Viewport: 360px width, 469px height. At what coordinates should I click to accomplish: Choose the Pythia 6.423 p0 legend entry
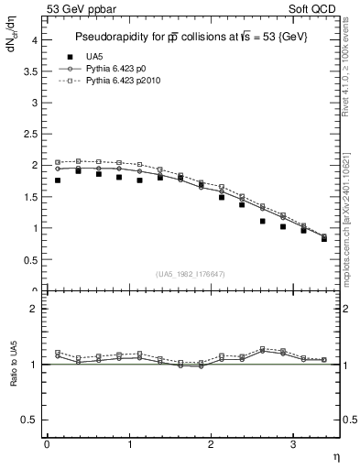pos(120,69)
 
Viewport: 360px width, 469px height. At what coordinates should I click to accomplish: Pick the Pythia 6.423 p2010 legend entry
pos(126,82)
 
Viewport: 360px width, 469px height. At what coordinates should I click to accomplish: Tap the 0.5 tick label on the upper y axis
pos(30,259)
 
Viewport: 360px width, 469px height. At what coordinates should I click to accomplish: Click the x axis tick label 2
pos(211,444)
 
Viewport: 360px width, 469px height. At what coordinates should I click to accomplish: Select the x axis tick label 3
pos(293,444)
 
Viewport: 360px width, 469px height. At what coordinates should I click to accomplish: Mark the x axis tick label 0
pos(47,444)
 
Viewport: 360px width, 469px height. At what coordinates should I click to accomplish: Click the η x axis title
pos(335,455)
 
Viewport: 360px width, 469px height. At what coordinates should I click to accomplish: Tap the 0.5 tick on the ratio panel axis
pos(30,420)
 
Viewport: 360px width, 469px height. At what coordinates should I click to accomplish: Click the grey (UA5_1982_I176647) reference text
pos(191,275)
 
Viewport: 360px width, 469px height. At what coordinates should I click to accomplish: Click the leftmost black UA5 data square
pos(58,180)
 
